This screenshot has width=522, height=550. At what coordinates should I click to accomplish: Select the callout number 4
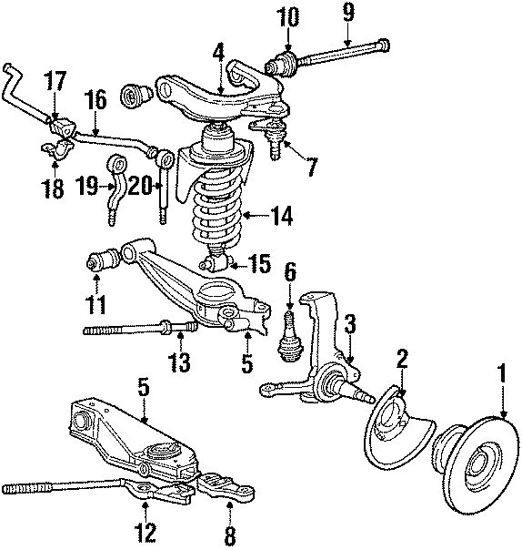click(x=217, y=53)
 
